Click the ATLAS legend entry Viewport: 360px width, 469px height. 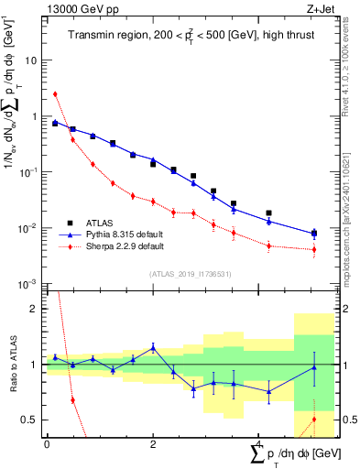[x=102, y=223]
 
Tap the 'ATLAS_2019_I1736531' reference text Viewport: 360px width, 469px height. [x=184, y=273]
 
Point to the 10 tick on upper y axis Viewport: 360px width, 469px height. [x=32, y=60]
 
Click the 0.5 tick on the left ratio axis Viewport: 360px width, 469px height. [x=31, y=420]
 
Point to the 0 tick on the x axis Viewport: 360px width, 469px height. [x=47, y=444]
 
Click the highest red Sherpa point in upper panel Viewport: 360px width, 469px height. [x=55, y=93]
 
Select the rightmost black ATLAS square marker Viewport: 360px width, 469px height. [x=314, y=233]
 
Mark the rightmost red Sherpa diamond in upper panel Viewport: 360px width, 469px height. [x=314, y=249]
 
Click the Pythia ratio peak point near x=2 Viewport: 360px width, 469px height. [x=153, y=347]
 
